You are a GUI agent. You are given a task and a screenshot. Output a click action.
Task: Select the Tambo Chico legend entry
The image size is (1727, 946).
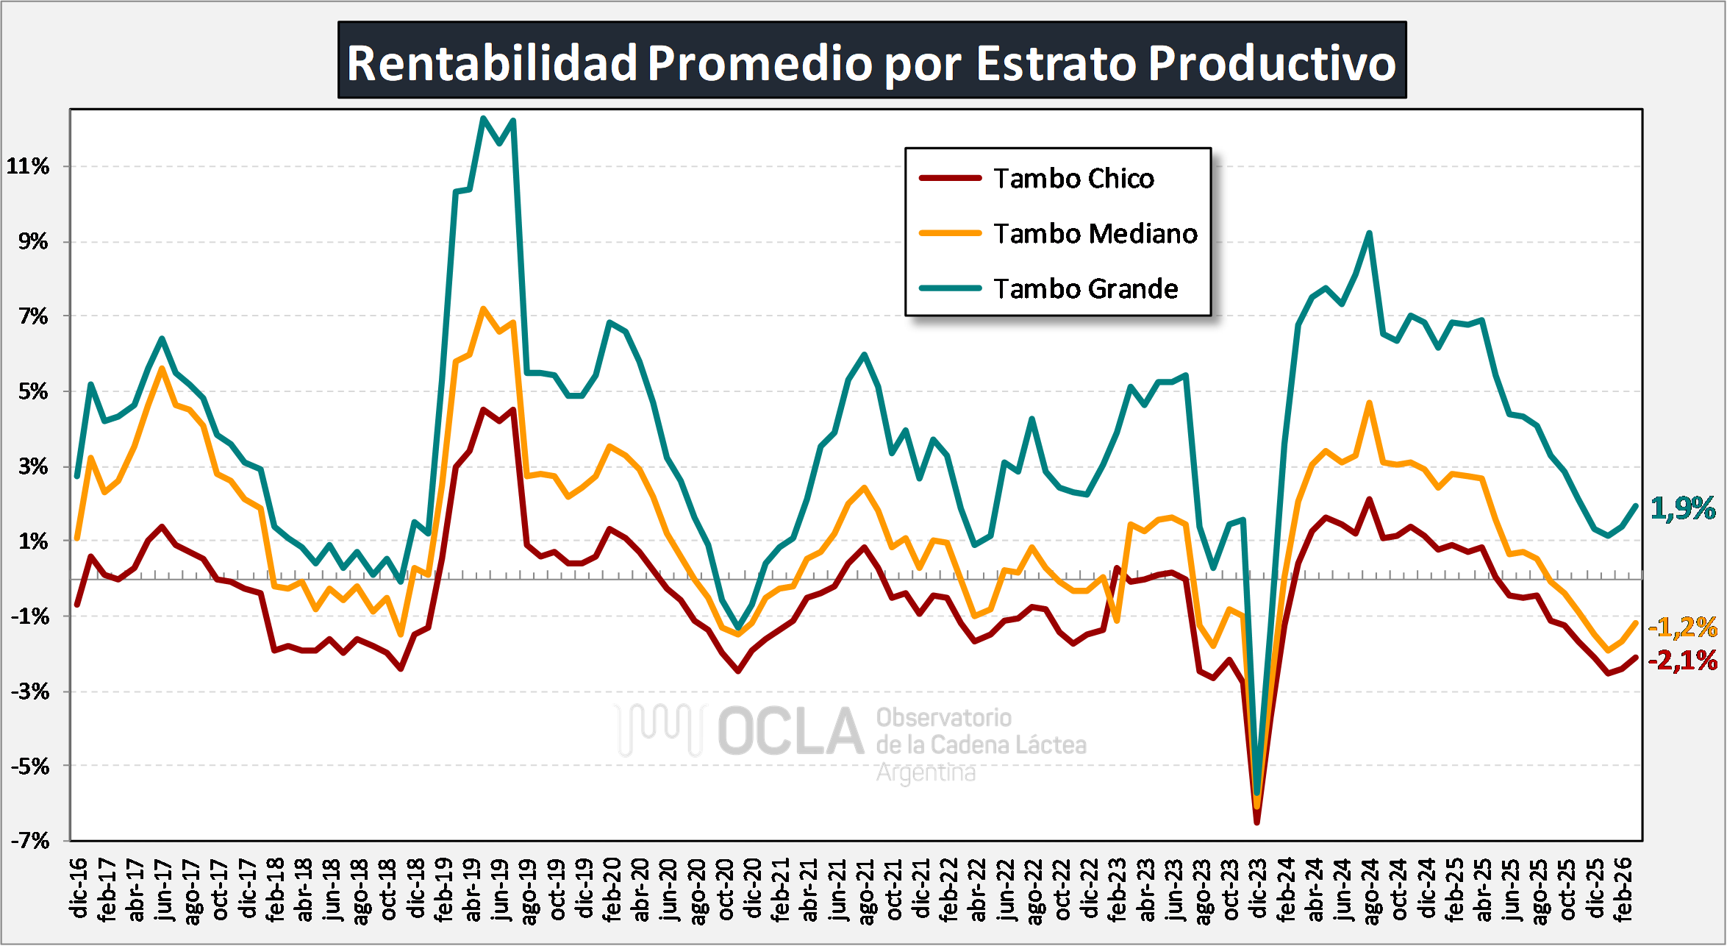click(1073, 179)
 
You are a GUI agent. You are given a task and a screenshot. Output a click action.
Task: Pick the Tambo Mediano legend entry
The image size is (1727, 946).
click(1095, 234)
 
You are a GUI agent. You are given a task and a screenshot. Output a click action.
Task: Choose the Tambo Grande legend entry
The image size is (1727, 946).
click(1085, 289)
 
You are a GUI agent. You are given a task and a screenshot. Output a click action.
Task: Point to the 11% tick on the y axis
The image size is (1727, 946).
click(28, 166)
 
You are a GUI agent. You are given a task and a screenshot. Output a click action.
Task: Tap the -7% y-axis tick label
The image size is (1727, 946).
click(29, 841)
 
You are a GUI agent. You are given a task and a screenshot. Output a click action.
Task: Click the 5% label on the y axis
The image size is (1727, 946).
click(33, 391)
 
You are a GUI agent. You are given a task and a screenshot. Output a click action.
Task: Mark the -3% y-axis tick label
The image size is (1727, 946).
click(29, 691)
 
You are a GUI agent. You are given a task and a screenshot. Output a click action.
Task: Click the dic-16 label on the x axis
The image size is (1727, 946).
click(79, 888)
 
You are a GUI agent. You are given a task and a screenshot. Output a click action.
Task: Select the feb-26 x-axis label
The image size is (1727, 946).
click(1623, 888)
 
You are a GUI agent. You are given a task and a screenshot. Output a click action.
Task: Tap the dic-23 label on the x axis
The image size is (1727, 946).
click(1258, 888)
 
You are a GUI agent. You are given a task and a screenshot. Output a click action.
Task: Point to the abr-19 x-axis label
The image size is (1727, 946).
click(472, 888)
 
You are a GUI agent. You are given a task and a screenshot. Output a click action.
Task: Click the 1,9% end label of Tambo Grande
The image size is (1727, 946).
click(1683, 508)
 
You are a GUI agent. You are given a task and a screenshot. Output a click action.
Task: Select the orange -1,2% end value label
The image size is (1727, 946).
click(1683, 627)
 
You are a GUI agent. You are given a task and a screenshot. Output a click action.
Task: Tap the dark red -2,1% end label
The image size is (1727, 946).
click(1683, 661)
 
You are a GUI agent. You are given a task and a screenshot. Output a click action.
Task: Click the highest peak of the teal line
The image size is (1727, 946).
click(483, 118)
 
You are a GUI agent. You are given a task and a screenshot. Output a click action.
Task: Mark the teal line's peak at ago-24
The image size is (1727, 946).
click(1369, 233)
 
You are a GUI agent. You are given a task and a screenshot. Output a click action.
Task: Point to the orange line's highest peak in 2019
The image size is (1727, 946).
click(483, 308)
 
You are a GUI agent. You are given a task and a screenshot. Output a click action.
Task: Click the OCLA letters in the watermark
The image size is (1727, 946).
click(790, 732)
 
